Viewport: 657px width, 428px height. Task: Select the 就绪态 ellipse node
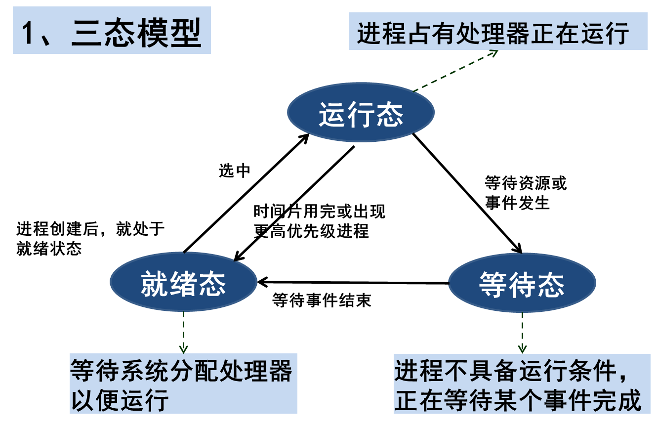click(183, 282)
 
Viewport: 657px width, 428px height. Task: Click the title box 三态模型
click(112, 30)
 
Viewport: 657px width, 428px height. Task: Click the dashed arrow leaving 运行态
click(454, 71)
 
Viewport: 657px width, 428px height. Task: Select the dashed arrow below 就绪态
click(183, 331)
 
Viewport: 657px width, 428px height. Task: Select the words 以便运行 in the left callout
click(120, 399)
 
